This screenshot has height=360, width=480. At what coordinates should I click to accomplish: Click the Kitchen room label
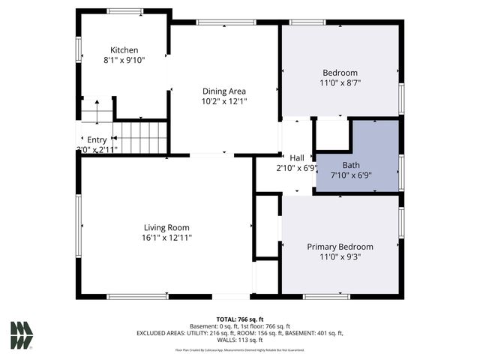(124, 49)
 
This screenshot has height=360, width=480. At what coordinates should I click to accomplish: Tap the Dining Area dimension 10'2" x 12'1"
(223, 101)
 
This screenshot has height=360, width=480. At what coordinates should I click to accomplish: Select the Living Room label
(166, 227)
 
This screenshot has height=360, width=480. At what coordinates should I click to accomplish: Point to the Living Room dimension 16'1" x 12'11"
(166, 238)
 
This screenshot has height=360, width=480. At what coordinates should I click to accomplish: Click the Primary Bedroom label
(340, 246)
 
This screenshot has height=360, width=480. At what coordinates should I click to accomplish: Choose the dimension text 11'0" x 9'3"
(340, 256)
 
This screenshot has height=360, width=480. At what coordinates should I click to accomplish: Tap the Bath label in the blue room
(351, 165)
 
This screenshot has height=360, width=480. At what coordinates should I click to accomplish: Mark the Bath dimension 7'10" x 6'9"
(351, 175)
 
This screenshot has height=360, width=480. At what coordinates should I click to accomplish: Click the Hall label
(297, 157)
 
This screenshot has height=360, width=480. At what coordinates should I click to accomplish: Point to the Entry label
(97, 139)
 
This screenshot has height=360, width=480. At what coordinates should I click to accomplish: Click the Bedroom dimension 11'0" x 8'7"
(340, 83)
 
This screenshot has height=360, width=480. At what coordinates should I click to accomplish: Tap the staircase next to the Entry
(140, 136)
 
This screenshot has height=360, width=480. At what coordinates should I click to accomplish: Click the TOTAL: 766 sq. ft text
(239, 319)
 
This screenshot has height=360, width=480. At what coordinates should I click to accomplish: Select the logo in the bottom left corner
(22, 334)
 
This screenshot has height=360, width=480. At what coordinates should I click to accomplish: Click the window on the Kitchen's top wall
(124, 11)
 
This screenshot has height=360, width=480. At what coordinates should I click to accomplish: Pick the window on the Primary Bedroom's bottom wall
(326, 297)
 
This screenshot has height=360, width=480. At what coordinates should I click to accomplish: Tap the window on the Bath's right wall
(401, 172)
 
